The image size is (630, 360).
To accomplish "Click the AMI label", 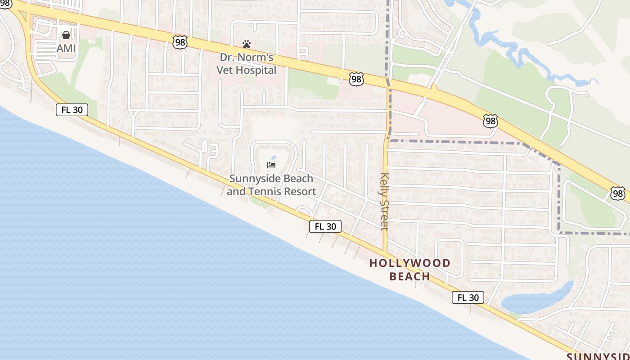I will point(66,48).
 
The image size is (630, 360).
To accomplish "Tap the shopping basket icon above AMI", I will point(66,35).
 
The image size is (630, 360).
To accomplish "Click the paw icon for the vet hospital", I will point(247,44).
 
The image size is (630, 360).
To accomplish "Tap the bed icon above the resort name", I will point(271,165).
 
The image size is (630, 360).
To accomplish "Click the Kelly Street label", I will point(384,202).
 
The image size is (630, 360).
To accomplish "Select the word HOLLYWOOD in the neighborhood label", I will point(410,263).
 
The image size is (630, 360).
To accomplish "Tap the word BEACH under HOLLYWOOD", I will point(409,276).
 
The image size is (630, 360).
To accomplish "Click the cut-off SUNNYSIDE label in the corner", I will point(598,357).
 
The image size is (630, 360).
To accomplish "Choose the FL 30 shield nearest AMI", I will point(72,110).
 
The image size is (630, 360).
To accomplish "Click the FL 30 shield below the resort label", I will point(325,226).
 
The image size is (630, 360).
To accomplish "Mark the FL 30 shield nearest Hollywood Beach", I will point(468,297).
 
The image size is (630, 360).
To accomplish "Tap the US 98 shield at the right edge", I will point(618,193).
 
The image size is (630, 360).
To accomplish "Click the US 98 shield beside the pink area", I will point(490,121).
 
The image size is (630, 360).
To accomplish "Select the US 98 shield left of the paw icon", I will point(180,43).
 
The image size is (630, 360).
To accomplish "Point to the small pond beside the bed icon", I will point(274,158).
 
